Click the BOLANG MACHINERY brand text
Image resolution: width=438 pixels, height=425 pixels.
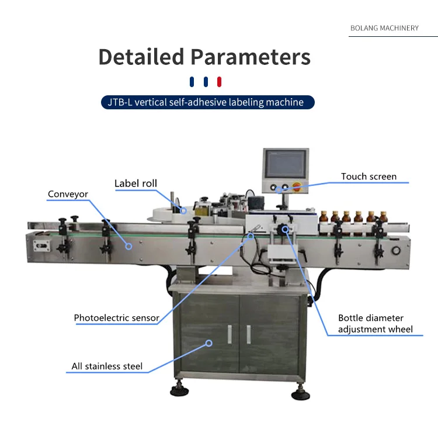384,28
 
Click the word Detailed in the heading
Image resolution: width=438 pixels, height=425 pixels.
141,57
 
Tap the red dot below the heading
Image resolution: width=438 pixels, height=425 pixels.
220,81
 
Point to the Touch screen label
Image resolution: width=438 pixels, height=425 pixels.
369,176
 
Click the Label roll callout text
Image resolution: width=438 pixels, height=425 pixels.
135,183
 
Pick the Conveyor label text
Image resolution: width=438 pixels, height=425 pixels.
68,194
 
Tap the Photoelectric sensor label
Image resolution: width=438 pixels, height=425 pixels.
116,318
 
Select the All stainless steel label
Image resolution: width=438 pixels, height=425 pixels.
107,367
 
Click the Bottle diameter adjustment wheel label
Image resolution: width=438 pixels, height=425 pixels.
375,323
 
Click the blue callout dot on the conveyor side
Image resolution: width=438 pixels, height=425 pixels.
129,246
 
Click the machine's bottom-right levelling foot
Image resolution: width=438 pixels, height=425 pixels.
298,389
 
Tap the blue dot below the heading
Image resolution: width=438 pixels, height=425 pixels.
192,81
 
